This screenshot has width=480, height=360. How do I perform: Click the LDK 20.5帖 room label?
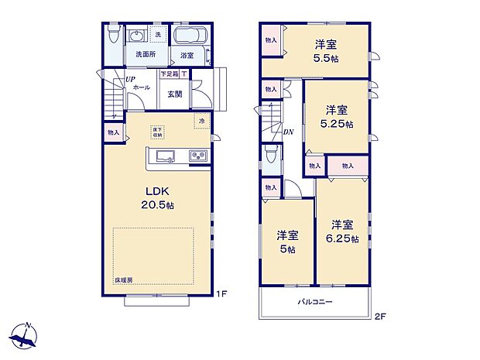pyautogui.click(x=156, y=198)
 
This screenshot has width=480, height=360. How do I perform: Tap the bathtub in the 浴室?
pyautogui.click(x=188, y=36)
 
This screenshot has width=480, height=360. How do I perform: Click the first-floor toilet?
pyautogui.click(x=113, y=36)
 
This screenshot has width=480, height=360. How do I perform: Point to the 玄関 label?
pyautogui.click(x=174, y=94)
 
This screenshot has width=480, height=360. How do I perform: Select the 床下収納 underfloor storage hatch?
pyautogui.click(x=157, y=131)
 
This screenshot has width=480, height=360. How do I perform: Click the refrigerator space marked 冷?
pyautogui.click(x=201, y=122)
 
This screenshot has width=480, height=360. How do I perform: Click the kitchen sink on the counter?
pyautogui.click(x=166, y=157)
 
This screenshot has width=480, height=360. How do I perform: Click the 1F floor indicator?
pyautogui.click(x=221, y=293)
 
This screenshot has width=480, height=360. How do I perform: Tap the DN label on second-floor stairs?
pyautogui.click(x=287, y=132)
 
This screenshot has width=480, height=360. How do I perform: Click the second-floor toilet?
pyautogui.click(x=270, y=158)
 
